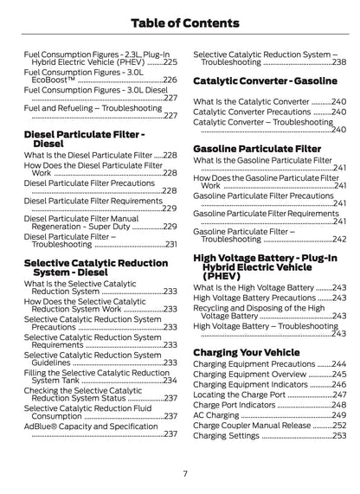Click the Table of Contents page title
pos(180,24)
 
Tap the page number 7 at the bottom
pos(185,472)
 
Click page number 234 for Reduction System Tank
pos(170,380)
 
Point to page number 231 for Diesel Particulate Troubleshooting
pos(170,245)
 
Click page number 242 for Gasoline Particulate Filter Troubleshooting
pos(340,239)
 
